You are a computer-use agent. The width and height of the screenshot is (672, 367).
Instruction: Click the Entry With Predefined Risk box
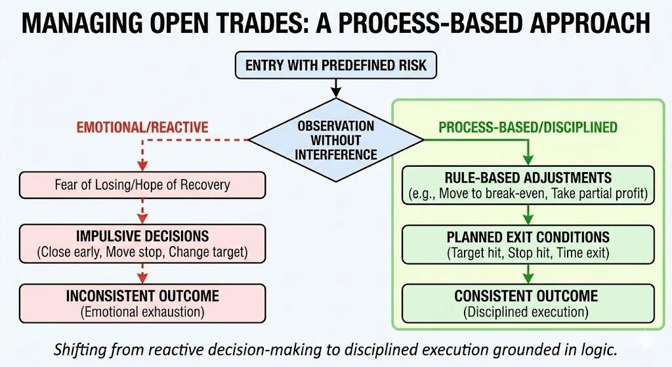tap(335, 66)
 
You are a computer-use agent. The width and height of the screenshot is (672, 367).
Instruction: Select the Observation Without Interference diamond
tap(335, 140)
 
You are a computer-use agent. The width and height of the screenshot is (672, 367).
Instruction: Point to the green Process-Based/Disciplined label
tap(528, 126)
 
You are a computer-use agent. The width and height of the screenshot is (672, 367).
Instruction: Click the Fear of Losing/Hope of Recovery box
tap(142, 184)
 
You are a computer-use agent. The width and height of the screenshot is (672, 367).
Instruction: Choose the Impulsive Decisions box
tap(142, 243)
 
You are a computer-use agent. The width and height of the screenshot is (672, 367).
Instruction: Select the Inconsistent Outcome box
tap(142, 303)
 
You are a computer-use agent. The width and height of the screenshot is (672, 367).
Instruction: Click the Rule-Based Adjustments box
tap(528, 185)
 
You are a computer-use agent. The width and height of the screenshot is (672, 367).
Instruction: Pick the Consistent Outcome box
tap(528, 303)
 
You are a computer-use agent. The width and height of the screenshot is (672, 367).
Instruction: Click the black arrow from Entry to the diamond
tap(335, 87)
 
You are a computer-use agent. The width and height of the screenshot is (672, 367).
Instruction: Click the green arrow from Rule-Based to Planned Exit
tap(528, 213)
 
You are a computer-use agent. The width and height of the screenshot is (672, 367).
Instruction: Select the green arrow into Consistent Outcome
tap(528, 272)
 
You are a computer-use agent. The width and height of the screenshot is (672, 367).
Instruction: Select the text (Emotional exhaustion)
tap(142, 312)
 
